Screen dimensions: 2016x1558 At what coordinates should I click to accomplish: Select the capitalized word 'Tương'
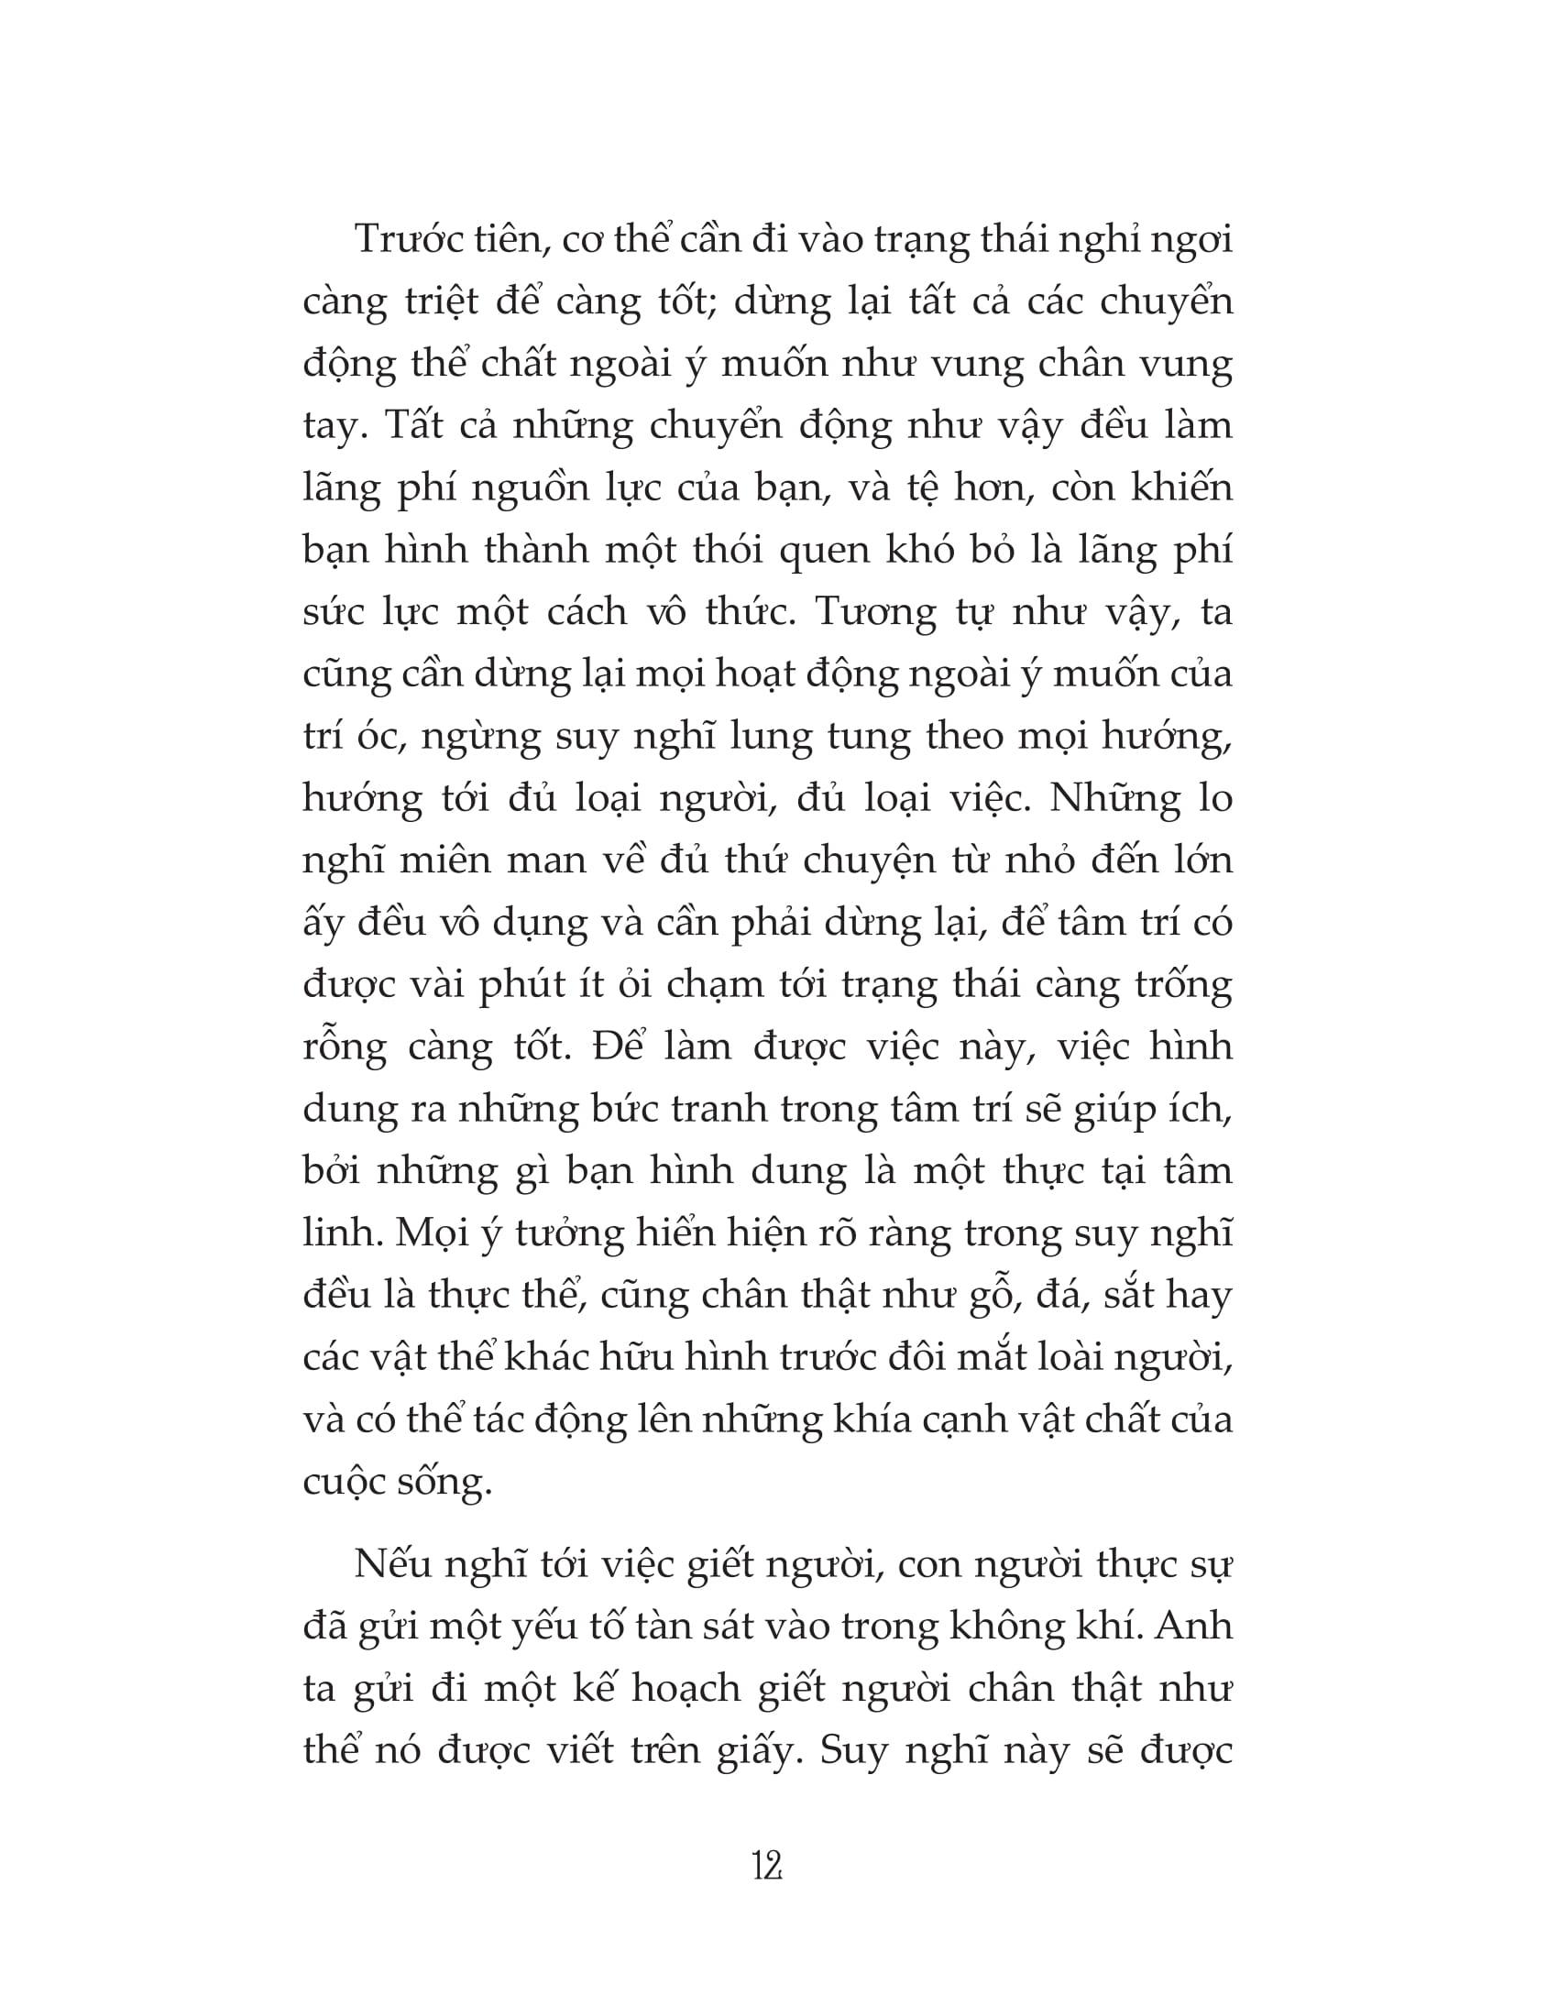click(876, 612)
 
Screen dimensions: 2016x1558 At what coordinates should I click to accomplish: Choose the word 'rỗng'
click(343, 1047)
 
